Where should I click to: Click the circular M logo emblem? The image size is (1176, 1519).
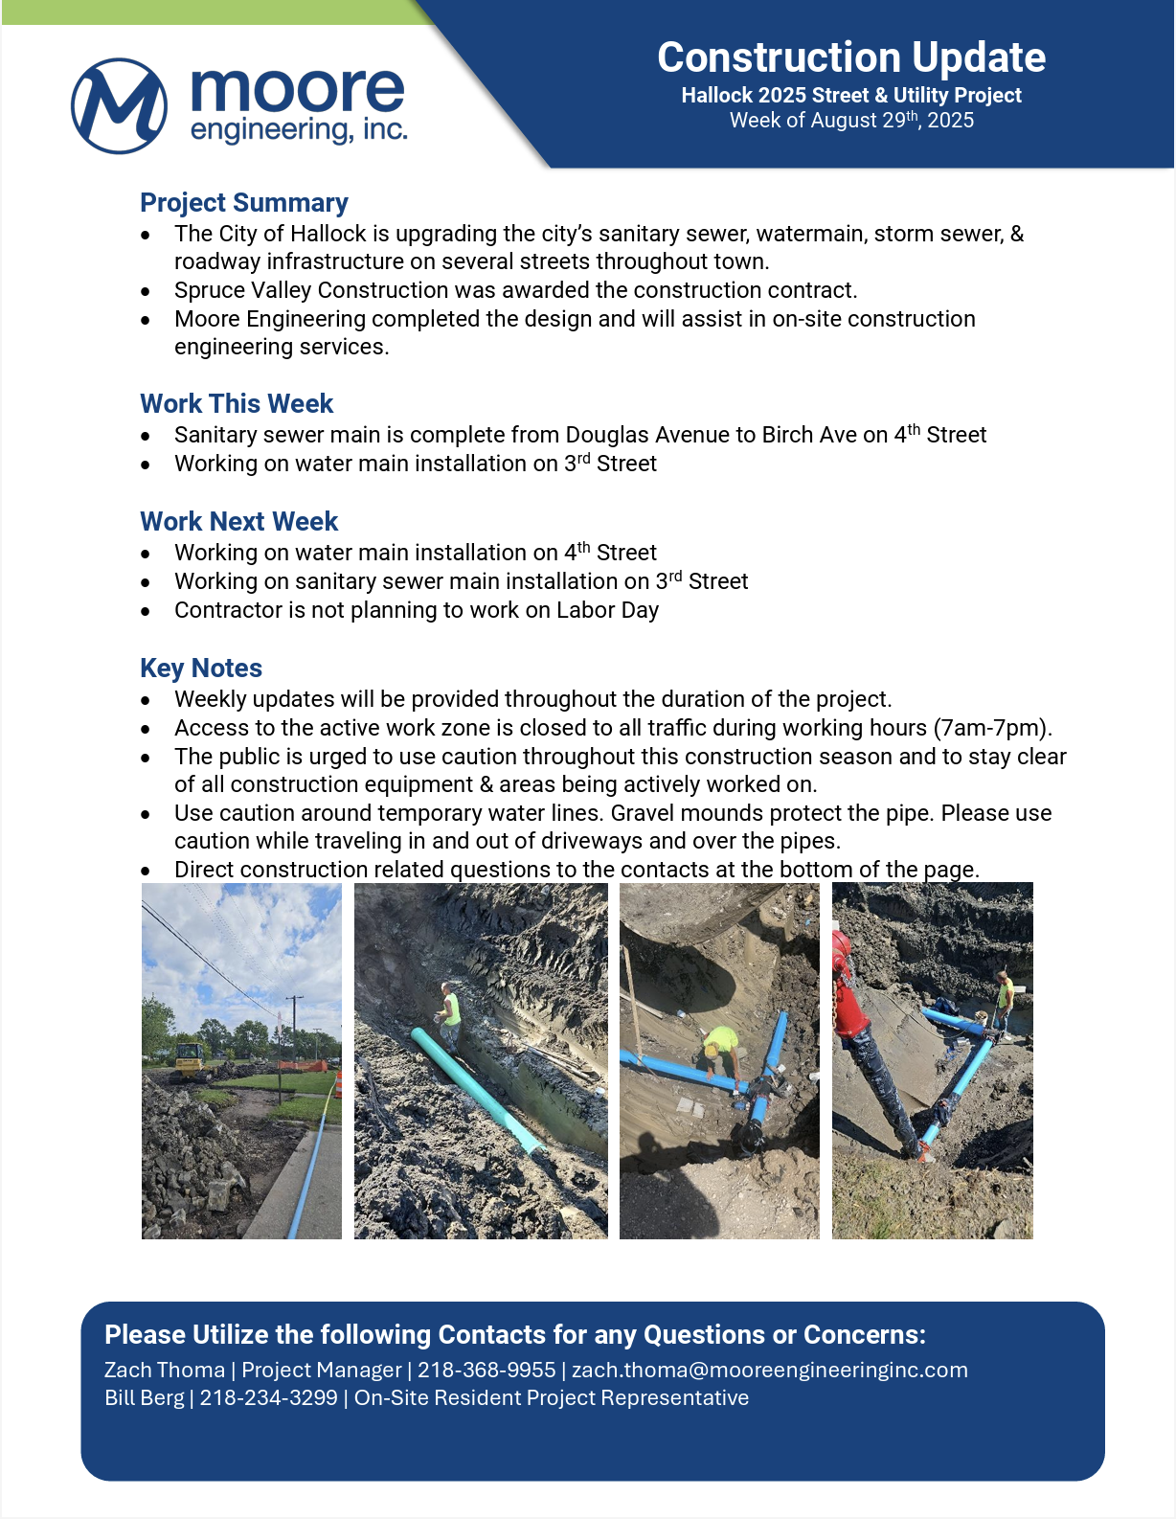119,105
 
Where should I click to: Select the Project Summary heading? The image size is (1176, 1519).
243,203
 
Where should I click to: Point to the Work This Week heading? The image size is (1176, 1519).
237,404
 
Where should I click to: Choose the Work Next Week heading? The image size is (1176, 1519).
238,522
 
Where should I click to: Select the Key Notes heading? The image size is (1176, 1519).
201,669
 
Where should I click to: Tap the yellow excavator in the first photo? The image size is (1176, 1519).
188,1059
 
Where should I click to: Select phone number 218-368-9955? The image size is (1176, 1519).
486,1371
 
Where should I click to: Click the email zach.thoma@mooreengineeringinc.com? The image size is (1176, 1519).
769,1371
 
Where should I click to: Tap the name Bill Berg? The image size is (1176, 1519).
144,1398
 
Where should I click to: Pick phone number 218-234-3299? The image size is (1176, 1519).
268,1398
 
